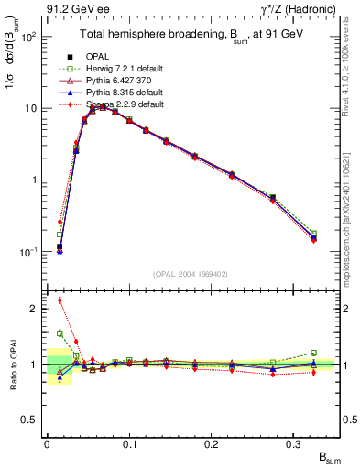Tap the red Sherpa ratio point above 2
(60, 300)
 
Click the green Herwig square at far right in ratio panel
(313, 353)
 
